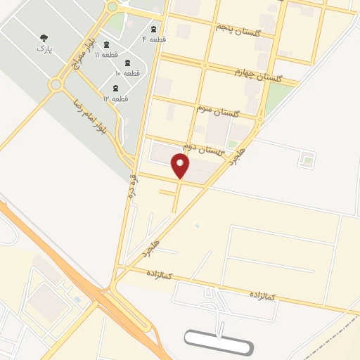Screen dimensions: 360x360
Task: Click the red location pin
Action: tap(180, 165)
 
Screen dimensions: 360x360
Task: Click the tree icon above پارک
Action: tap(44, 38)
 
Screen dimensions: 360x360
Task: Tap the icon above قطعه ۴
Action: tap(154, 29)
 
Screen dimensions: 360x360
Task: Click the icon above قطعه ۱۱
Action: tap(106, 44)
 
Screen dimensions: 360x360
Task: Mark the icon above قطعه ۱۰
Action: tap(127, 61)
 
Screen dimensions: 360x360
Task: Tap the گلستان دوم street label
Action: tap(203, 148)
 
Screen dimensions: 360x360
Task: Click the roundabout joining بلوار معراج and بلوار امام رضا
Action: tap(56, 85)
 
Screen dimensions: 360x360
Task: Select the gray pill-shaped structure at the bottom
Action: tap(218, 342)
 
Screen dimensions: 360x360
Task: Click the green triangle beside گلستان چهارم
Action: tap(278, 99)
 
